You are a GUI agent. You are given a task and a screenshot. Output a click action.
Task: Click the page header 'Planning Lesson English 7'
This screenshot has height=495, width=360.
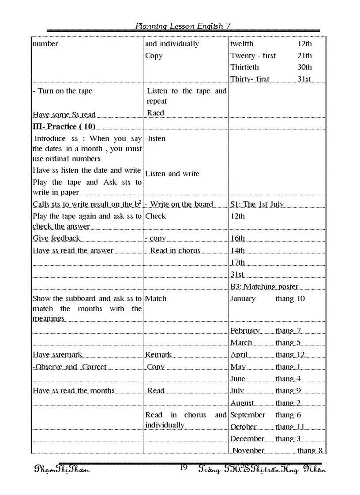[x=183, y=26]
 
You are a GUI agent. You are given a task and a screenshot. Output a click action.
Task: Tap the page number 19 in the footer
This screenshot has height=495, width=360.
[x=184, y=468]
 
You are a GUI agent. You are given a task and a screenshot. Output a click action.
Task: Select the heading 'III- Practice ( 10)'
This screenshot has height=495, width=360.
[x=64, y=127]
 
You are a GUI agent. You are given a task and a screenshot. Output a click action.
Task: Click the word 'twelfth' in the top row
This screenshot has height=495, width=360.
[x=242, y=44]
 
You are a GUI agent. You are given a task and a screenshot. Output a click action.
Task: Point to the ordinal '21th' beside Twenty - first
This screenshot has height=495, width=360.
[x=304, y=56]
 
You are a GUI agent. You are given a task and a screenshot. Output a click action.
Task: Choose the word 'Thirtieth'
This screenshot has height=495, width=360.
[x=244, y=67]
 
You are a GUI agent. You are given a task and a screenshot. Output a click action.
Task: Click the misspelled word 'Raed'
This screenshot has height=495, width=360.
[x=155, y=113]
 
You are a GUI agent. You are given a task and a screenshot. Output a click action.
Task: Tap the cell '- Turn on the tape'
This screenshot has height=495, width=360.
[x=63, y=91]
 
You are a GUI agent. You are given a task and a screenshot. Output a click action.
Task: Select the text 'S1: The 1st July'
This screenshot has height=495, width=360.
[x=257, y=204]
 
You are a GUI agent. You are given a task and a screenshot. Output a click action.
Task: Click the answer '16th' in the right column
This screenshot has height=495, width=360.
[x=237, y=238]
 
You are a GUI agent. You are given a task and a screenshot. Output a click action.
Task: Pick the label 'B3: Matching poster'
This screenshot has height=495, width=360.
[x=264, y=287]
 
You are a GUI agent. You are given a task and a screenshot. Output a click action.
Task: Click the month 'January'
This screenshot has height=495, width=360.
[x=243, y=298]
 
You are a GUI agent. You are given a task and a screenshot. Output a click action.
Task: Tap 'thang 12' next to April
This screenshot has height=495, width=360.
[x=290, y=354]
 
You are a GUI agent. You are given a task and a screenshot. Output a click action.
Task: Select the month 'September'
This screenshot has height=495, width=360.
[x=247, y=415]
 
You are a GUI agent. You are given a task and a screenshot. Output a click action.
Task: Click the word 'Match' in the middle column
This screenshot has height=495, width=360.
[x=156, y=298]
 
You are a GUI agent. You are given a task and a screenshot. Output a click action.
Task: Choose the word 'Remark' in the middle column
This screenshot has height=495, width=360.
[x=158, y=354]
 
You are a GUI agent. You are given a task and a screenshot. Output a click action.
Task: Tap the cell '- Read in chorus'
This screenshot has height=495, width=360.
[x=172, y=250]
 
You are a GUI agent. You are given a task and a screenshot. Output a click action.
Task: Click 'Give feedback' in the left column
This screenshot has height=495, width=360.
[x=56, y=238]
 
